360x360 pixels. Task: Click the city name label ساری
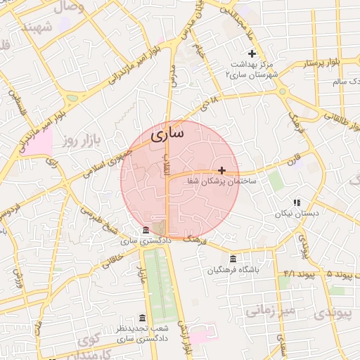coord(168,131)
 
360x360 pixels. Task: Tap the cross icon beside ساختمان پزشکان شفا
coord(222,170)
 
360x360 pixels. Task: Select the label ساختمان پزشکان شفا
coord(221,181)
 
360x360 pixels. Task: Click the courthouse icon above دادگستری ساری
coord(146,231)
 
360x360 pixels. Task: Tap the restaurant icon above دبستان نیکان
coord(296,202)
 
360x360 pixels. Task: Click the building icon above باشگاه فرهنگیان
coord(233,258)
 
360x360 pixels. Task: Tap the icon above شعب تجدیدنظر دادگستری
coord(143,318)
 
